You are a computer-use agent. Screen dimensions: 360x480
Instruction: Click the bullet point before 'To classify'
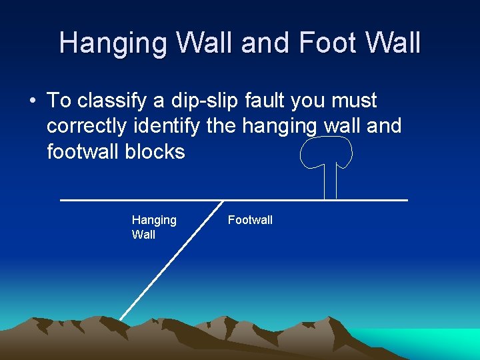click(x=32, y=101)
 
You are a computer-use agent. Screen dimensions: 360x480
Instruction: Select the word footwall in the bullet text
click(x=83, y=151)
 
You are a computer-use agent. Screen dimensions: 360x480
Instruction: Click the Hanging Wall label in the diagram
click(x=154, y=227)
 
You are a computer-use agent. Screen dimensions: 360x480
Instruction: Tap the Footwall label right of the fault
click(x=250, y=220)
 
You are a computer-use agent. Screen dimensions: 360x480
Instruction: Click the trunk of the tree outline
click(x=329, y=183)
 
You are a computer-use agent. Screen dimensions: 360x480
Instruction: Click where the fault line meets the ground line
click(x=223, y=200)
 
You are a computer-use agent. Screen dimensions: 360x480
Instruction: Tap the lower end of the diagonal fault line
click(x=121, y=318)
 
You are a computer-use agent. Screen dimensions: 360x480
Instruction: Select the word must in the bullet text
click(x=354, y=101)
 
